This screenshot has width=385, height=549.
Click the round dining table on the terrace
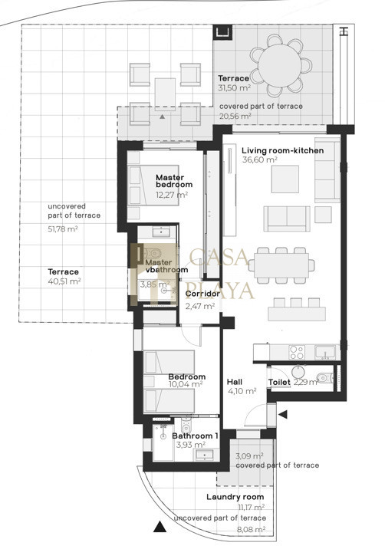tap(280, 65)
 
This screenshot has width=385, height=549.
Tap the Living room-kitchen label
tap(283, 150)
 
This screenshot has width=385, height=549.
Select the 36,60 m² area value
tap(259, 159)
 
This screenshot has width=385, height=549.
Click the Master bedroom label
tap(174, 181)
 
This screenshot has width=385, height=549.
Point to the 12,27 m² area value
tap(172, 194)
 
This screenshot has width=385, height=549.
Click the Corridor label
tap(202, 294)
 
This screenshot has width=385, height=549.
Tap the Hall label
tap(235, 382)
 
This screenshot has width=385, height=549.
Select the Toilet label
tap(279, 382)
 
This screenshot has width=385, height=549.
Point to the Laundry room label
tap(235, 497)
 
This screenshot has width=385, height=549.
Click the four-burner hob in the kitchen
tap(297, 352)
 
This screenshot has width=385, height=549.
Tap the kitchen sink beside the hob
tap(325, 352)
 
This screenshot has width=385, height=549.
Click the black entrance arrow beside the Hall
tap(283, 415)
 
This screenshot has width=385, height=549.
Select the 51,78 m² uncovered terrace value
tap(63, 229)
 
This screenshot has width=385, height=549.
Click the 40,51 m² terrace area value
tap(64, 281)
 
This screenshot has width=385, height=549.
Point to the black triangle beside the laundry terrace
tap(160, 527)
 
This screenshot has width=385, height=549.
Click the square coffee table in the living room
tap(285, 179)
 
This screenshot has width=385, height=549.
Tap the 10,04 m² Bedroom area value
tap(186, 384)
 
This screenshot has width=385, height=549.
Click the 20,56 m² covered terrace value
tap(235, 116)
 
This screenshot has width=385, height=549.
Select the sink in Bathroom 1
tap(204, 455)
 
